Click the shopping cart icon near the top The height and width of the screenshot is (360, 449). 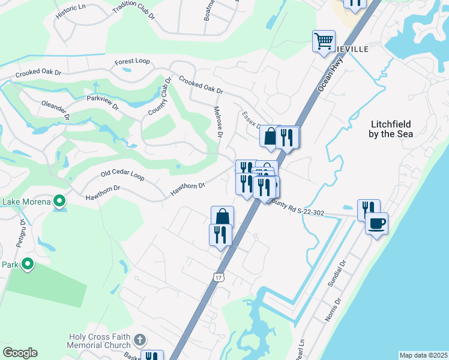click(x=324, y=41)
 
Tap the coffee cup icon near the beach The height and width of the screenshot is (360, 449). click(x=376, y=224)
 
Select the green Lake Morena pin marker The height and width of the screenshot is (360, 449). click(x=59, y=200)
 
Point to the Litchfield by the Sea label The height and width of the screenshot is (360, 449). click(x=390, y=129)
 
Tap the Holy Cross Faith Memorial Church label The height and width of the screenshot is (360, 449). click(x=100, y=341)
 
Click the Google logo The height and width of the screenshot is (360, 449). click(x=20, y=353)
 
